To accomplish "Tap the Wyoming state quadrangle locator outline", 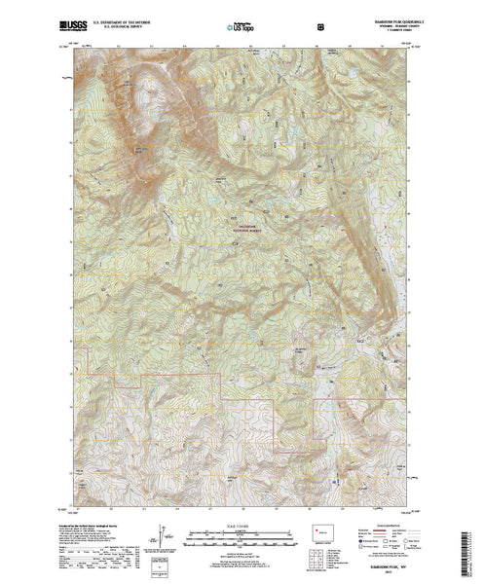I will (x=321, y=534).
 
